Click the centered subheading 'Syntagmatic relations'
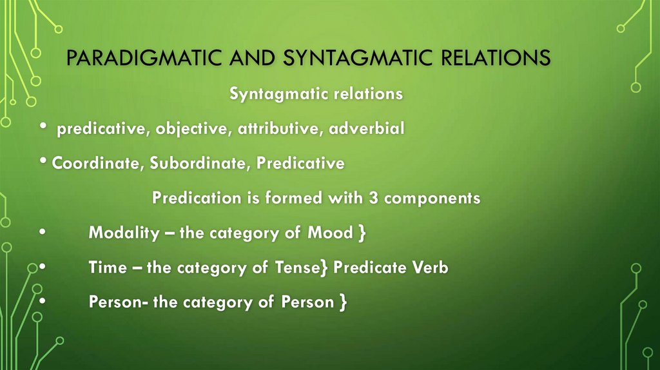[x=316, y=94]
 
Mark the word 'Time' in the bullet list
[x=107, y=268]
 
